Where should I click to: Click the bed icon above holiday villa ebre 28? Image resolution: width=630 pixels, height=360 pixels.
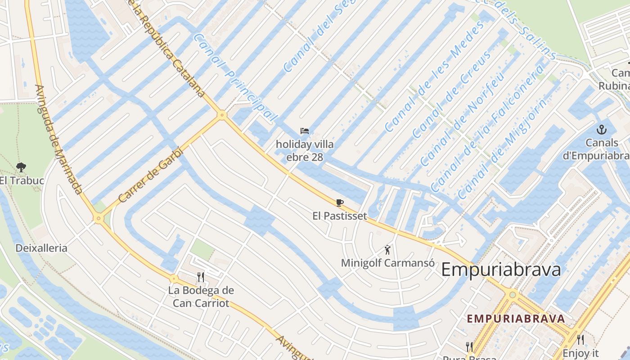[x=305, y=131]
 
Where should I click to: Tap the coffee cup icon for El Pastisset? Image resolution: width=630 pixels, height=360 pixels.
[x=340, y=203]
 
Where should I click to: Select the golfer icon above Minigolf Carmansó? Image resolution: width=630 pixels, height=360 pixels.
[x=387, y=249]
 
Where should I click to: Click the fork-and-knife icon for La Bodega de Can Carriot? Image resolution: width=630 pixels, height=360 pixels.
[x=201, y=277]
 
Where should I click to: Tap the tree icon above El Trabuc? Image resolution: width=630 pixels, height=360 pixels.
[x=21, y=168]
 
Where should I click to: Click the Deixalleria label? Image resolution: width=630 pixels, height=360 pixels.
[x=41, y=248]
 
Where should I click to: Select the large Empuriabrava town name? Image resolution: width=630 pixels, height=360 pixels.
[x=501, y=270]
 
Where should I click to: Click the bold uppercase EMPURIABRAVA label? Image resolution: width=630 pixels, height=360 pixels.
[x=516, y=319]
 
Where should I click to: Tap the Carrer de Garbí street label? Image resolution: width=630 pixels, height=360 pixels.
[x=151, y=175]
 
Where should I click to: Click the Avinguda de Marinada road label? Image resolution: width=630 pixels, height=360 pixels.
[x=58, y=139]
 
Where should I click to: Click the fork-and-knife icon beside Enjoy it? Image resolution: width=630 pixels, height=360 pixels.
[x=580, y=340]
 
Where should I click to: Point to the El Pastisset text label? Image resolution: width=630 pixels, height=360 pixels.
[x=340, y=216]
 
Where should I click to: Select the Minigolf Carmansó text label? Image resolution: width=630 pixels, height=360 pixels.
[x=387, y=263]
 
